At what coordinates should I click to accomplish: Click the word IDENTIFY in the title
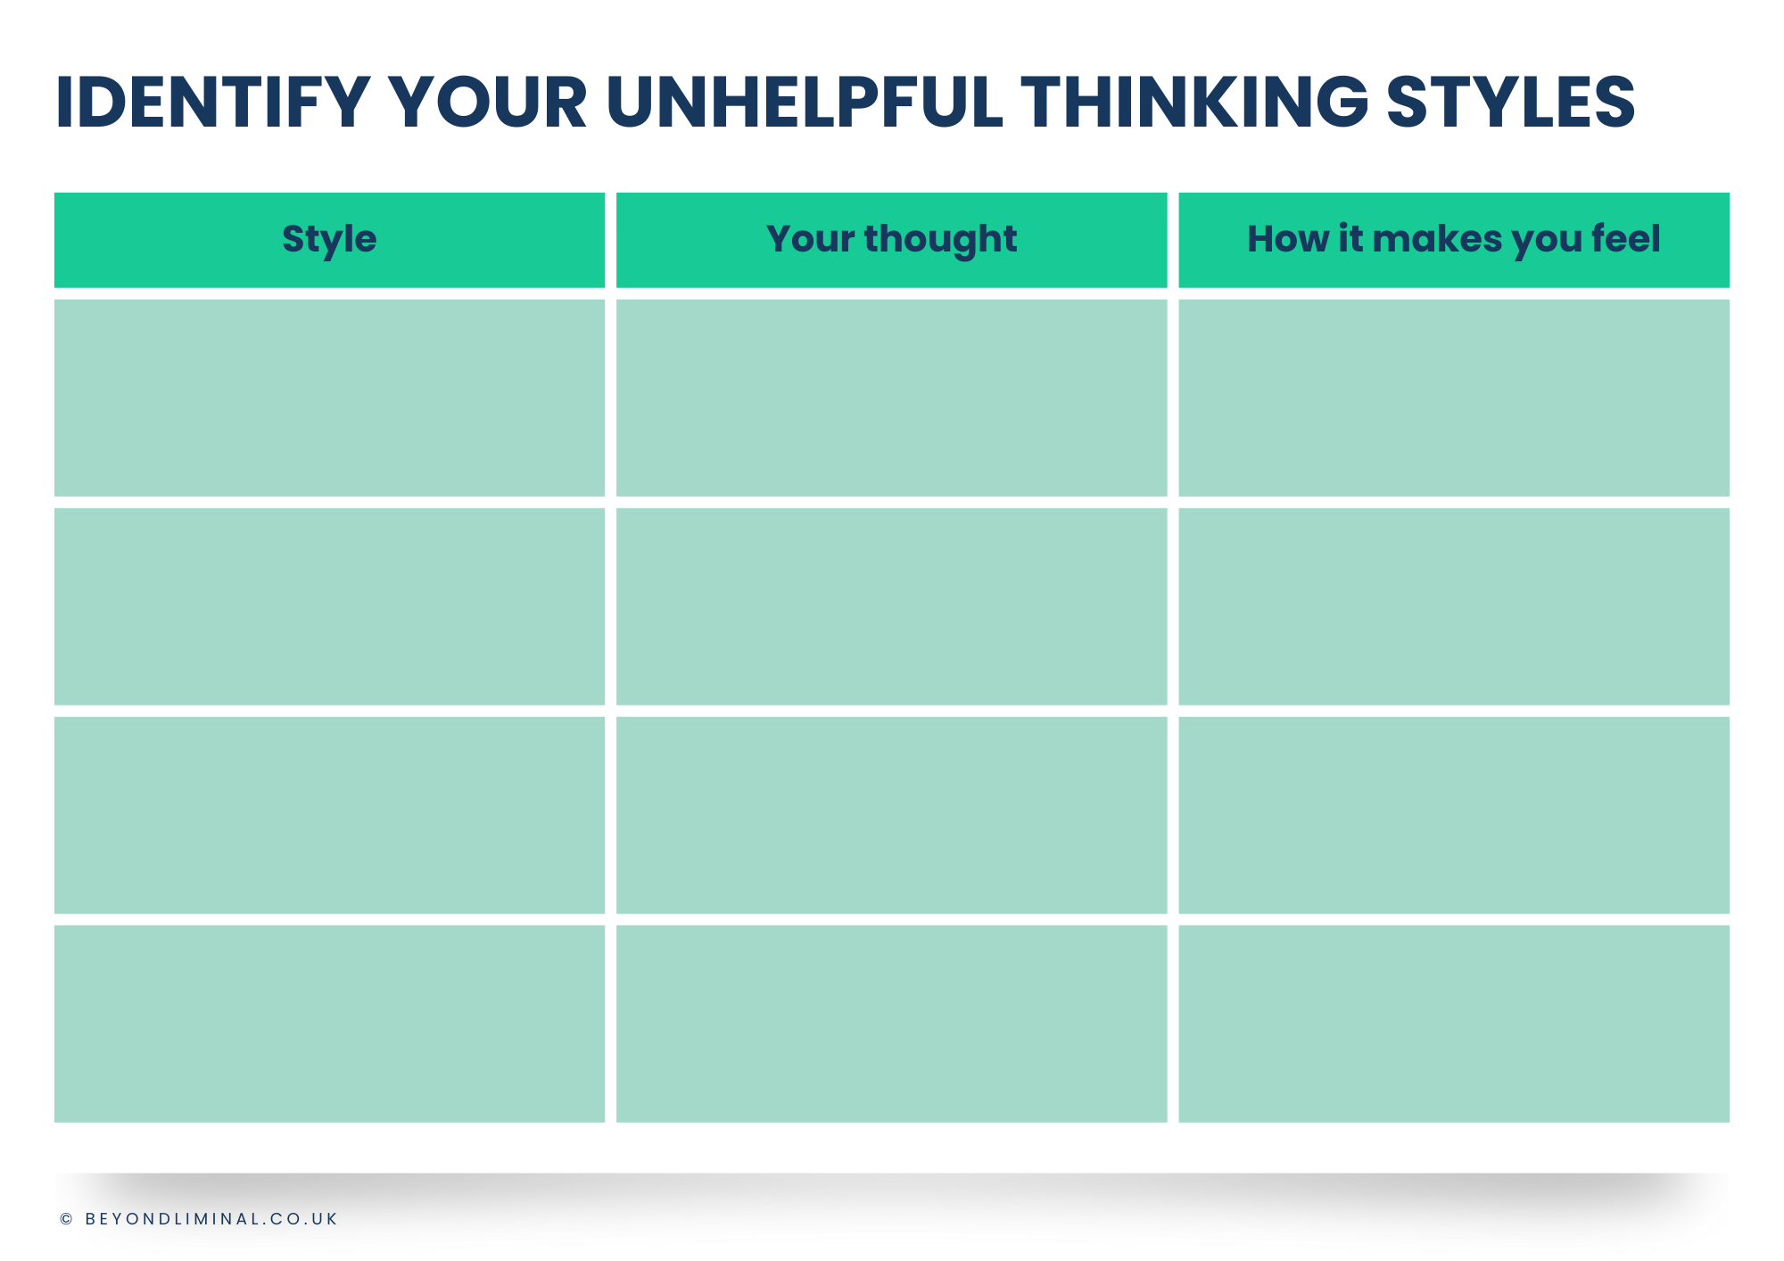point(213,102)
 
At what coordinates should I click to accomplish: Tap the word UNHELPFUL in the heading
point(805,102)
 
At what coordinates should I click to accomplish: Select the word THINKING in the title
point(1194,102)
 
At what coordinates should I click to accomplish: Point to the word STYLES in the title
point(1511,102)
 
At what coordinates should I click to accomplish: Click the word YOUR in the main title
point(489,102)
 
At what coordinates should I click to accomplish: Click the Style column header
point(329,240)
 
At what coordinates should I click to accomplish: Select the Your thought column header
point(892,240)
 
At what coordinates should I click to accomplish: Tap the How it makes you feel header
point(1454,240)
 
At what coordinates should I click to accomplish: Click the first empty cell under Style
point(329,398)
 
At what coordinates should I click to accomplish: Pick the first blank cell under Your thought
point(892,398)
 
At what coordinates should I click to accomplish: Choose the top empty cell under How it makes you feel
point(1454,398)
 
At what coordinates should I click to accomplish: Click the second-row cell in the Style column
point(329,606)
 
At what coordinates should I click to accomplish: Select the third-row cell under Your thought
point(892,815)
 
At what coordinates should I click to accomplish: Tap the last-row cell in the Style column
point(329,1024)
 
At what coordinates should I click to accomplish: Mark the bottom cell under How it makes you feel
point(1454,1024)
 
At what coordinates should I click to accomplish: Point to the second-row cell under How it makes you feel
point(1454,606)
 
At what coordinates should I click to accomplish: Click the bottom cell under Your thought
point(892,1024)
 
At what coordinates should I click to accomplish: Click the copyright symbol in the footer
point(66,1219)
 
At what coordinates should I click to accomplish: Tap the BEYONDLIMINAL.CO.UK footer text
point(211,1219)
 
